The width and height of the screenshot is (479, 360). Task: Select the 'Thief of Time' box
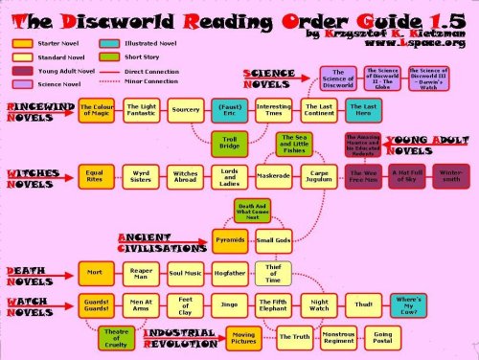pyautogui.click(x=271, y=272)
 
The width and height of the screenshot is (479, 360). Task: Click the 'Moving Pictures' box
pyautogui.click(x=243, y=336)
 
